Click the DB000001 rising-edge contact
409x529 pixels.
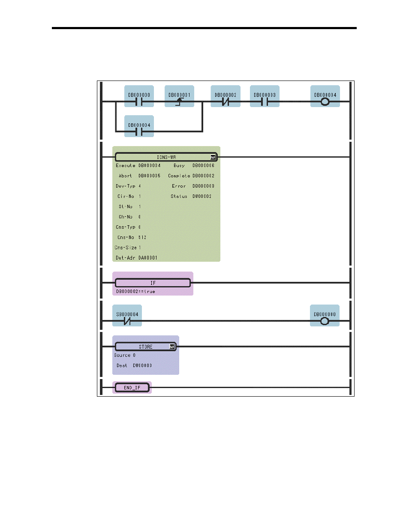179,102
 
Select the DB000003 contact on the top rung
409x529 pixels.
265,102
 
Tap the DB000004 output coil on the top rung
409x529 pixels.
325,102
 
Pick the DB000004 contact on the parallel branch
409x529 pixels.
139,131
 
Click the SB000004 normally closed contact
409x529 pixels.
127,320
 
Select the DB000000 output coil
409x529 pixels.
325,320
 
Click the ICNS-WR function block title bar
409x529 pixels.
166,157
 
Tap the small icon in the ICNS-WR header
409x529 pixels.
213,157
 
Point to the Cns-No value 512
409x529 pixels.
142,237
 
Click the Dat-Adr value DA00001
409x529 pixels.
148,258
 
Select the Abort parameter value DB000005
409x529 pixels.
149,176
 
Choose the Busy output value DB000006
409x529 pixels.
203,165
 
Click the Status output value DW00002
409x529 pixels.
202,196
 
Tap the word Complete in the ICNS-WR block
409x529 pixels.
179,176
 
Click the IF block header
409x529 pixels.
153,283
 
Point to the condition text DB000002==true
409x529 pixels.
135,292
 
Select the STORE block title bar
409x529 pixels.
145,347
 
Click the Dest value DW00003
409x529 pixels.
142,365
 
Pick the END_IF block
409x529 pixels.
132,388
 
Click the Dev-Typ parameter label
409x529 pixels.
125,186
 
